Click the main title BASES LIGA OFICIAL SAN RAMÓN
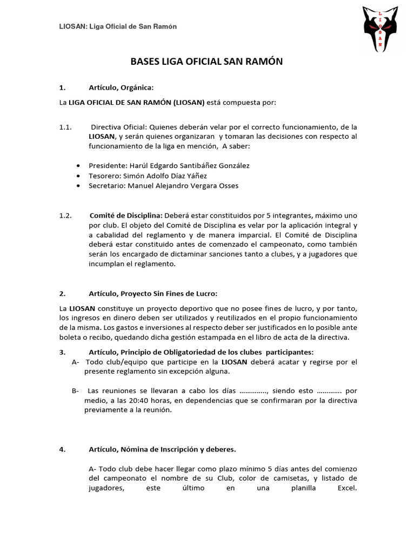pyautogui.click(x=207, y=62)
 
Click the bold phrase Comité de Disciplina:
pyautogui.click(x=125, y=215)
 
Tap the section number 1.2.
pyautogui.click(x=65, y=215)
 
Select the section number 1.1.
pyautogui.click(x=65, y=127)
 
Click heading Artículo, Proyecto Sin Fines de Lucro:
pyautogui.click(x=153, y=294)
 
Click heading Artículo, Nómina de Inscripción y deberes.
pyautogui.click(x=162, y=449)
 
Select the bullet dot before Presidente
pyautogui.click(x=79, y=166)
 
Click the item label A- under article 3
pyautogui.click(x=76, y=361)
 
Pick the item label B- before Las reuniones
pyautogui.click(x=76, y=390)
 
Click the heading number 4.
pyautogui.click(x=62, y=449)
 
